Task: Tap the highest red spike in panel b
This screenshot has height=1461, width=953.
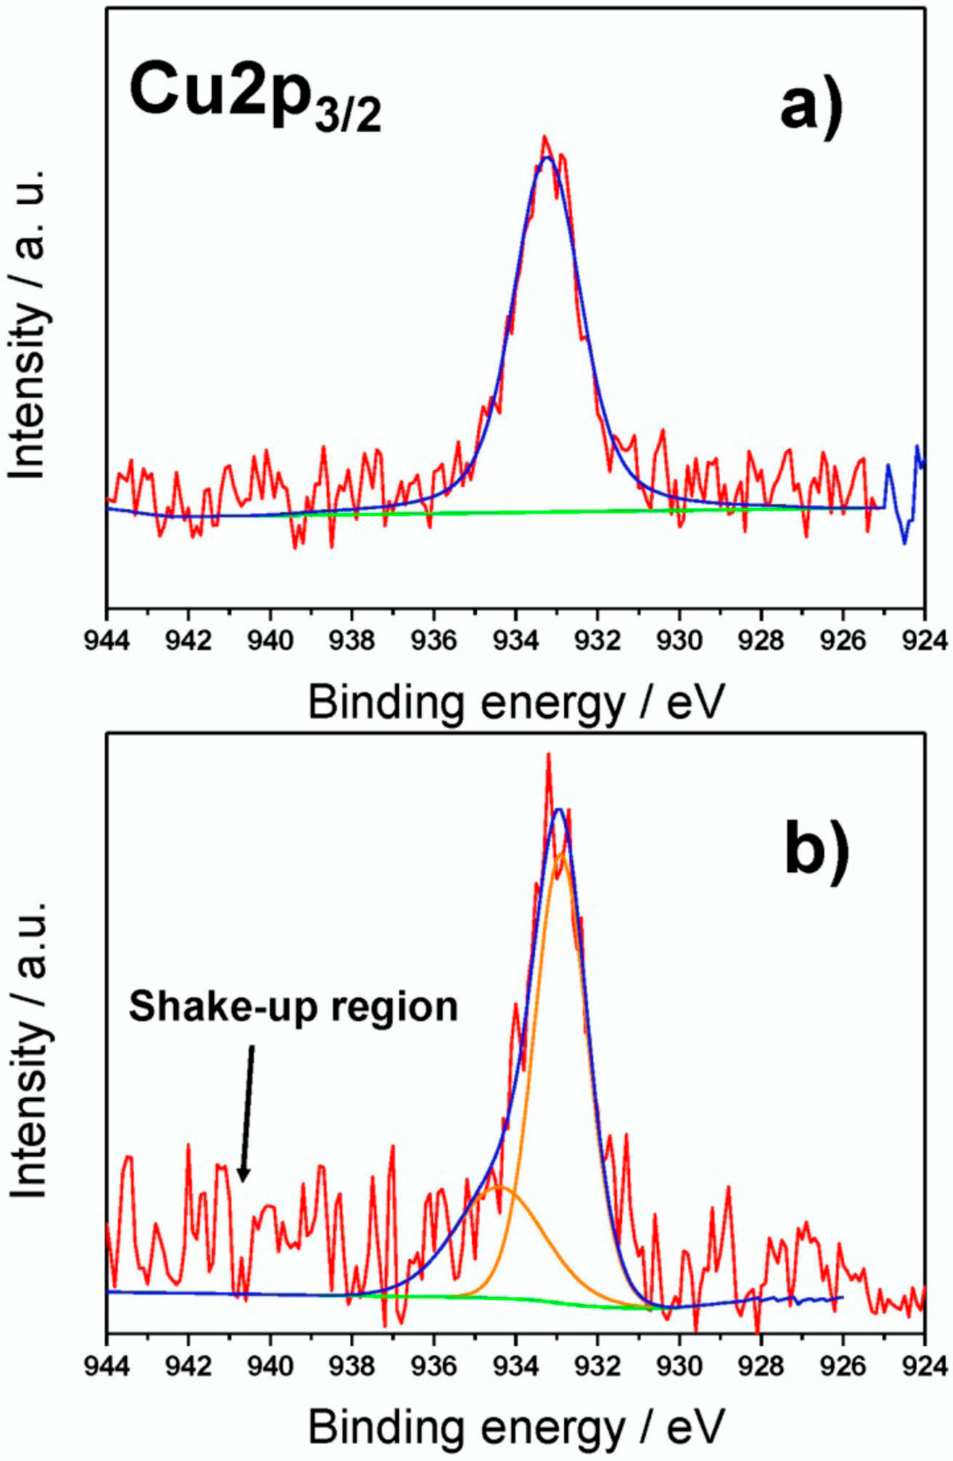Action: [x=548, y=755]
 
